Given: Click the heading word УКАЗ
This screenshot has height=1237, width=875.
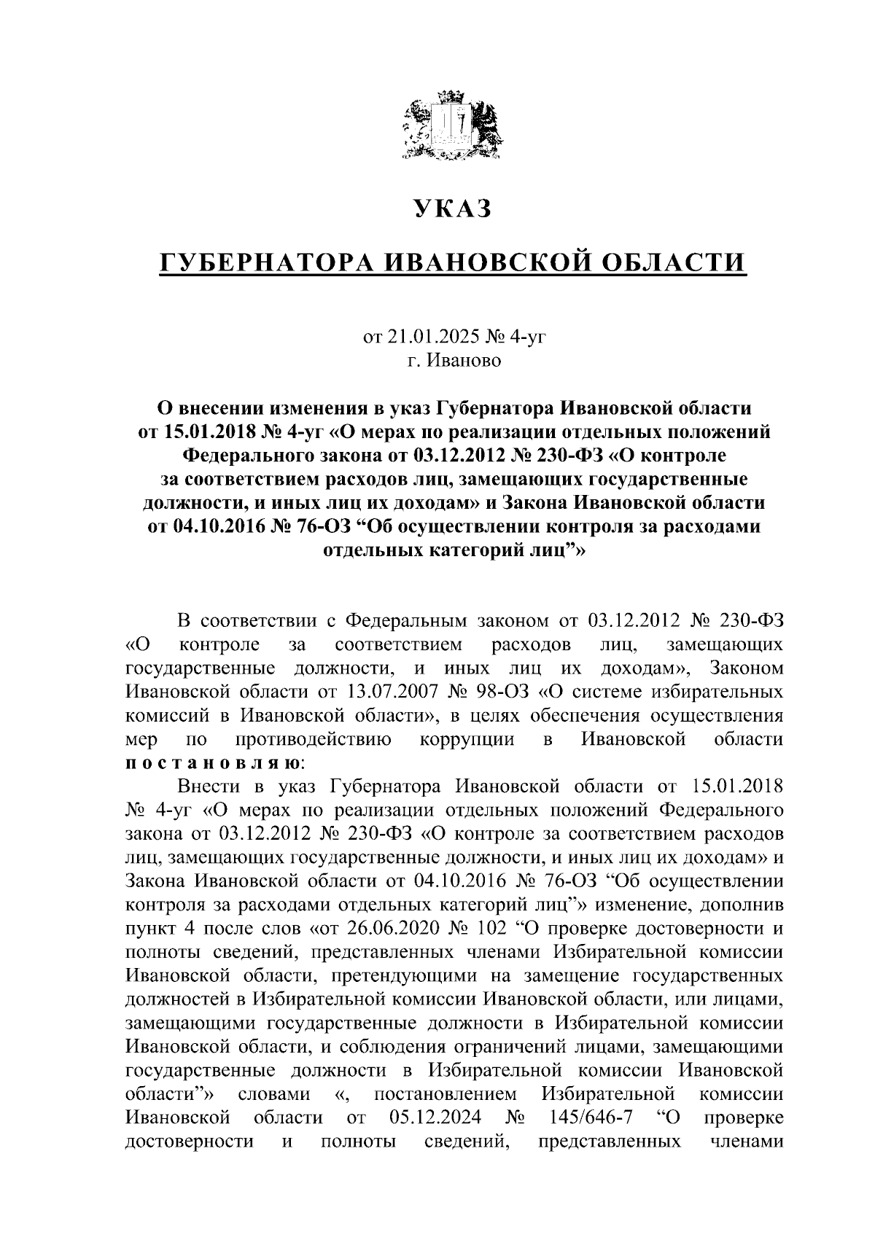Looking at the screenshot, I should coord(453,209).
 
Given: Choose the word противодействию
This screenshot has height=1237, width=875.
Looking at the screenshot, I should coord(314,740).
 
